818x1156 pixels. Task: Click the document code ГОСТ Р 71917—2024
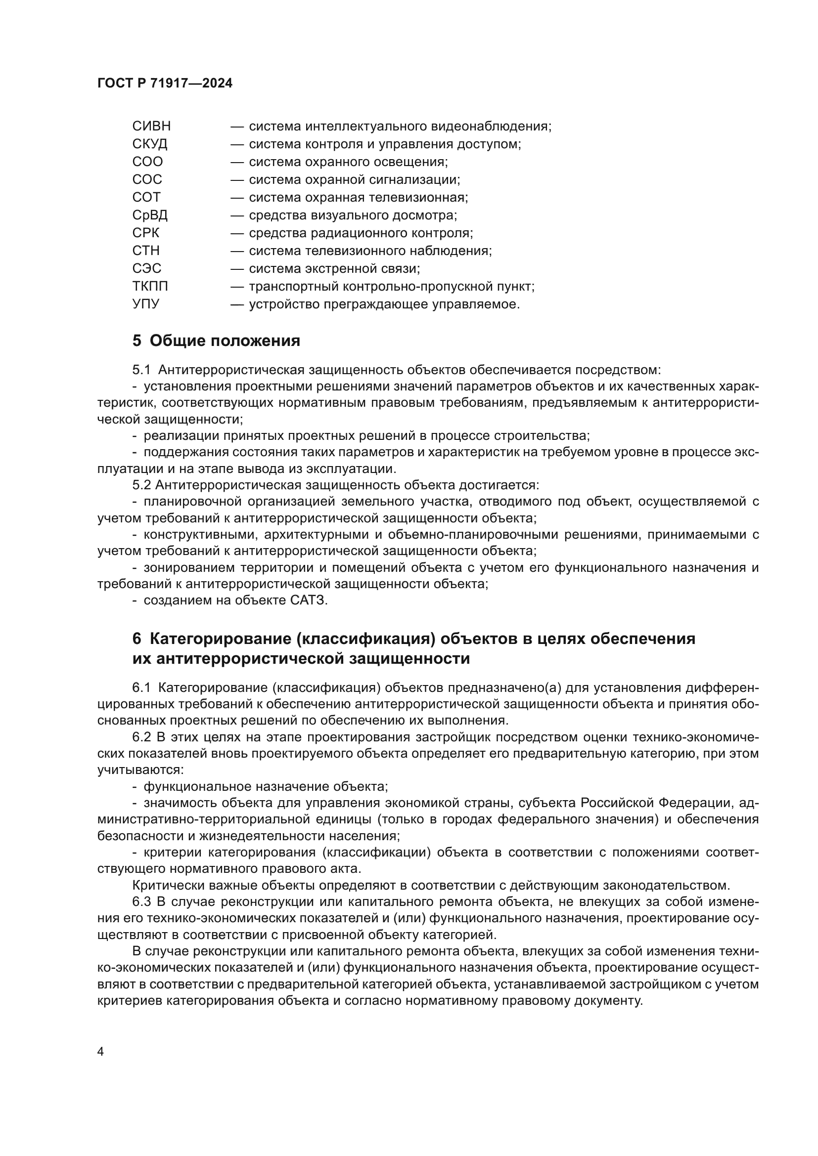tap(165, 84)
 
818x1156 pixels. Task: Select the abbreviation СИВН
tap(152, 127)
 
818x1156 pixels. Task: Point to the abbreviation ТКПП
tap(150, 287)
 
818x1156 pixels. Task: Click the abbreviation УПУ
tap(145, 304)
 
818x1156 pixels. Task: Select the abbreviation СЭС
tap(146, 268)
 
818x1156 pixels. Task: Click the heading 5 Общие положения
tap(216, 341)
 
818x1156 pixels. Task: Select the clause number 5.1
tap(141, 370)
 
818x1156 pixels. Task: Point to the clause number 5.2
tap(141, 485)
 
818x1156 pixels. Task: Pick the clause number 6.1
tap(141, 688)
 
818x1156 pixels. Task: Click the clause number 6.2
tap(141, 737)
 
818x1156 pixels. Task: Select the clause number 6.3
tap(141, 902)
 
